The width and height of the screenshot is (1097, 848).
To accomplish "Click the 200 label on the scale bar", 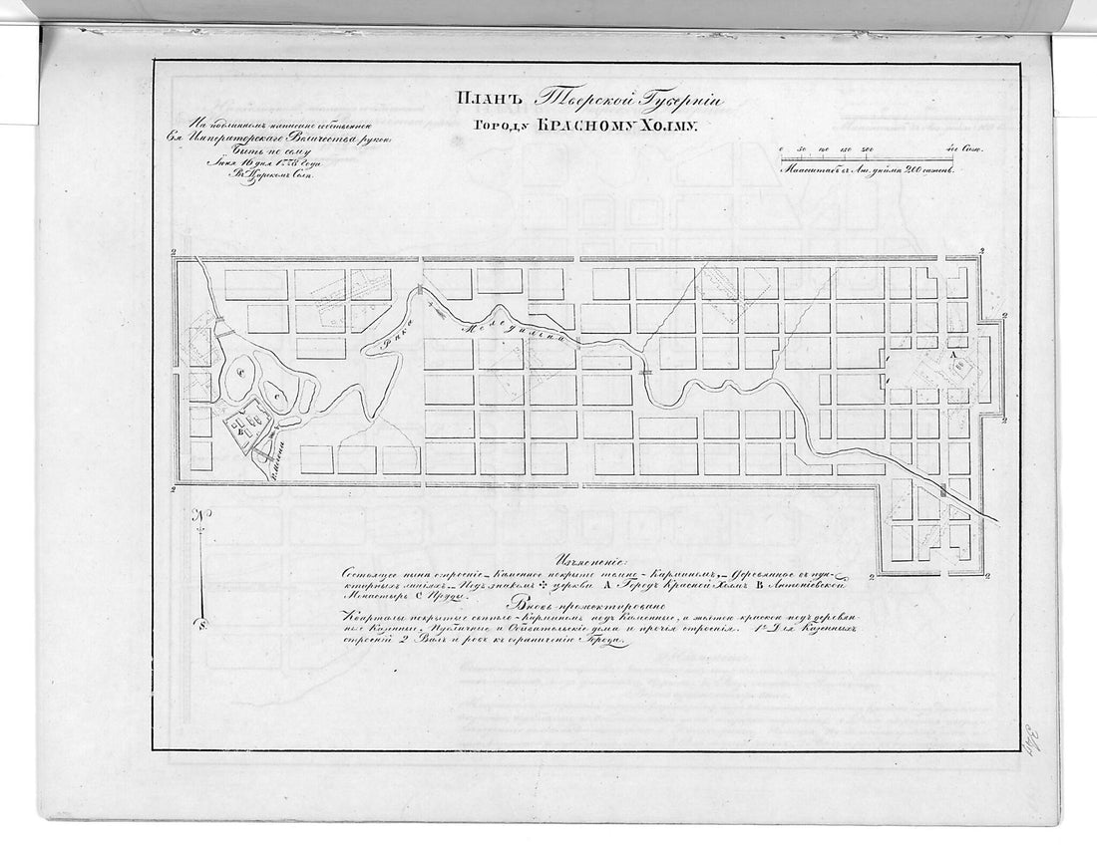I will tap(866, 148).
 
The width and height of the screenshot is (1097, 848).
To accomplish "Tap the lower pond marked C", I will tap(281, 398).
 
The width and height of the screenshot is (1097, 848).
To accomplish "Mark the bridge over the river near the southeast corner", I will tap(941, 489).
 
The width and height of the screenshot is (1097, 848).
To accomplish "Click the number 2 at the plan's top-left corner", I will tap(175, 253).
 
